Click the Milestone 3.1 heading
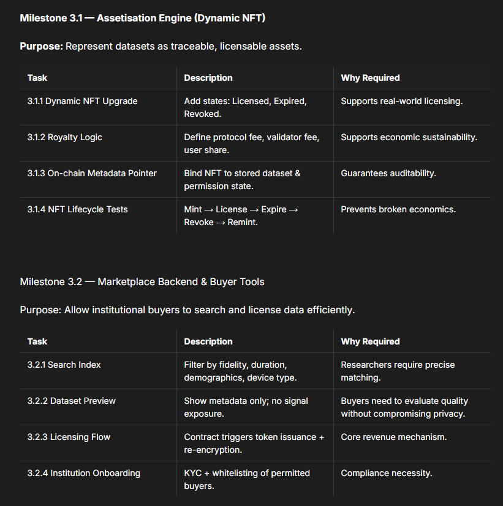pos(142,18)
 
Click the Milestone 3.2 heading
pos(142,282)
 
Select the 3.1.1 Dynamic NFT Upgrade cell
pos(82,101)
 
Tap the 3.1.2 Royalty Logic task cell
pos(64,137)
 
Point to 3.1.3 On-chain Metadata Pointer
pos(92,173)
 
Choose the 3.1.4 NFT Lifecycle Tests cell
pos(77,209)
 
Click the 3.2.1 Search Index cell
pos(64,365)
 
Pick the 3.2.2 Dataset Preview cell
pos(71,401)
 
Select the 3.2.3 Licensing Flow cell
pos(69,437)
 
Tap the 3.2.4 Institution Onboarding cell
pos(83,473)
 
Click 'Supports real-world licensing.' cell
pos(401,101)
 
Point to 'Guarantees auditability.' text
pos(388,173)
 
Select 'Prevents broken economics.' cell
pos(398,209)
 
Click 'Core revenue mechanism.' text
pos(393,437)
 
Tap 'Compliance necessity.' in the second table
pos(387,473)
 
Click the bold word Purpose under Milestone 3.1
pos(41,47)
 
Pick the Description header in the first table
pos(208,78)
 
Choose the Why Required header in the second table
pos(370,341)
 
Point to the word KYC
pos(194,473)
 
